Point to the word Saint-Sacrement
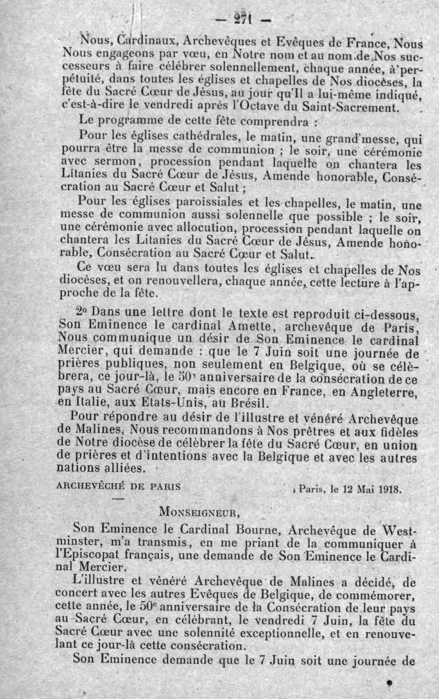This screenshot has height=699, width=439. click(350, 107)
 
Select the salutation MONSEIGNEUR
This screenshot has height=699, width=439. click(199, 511)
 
